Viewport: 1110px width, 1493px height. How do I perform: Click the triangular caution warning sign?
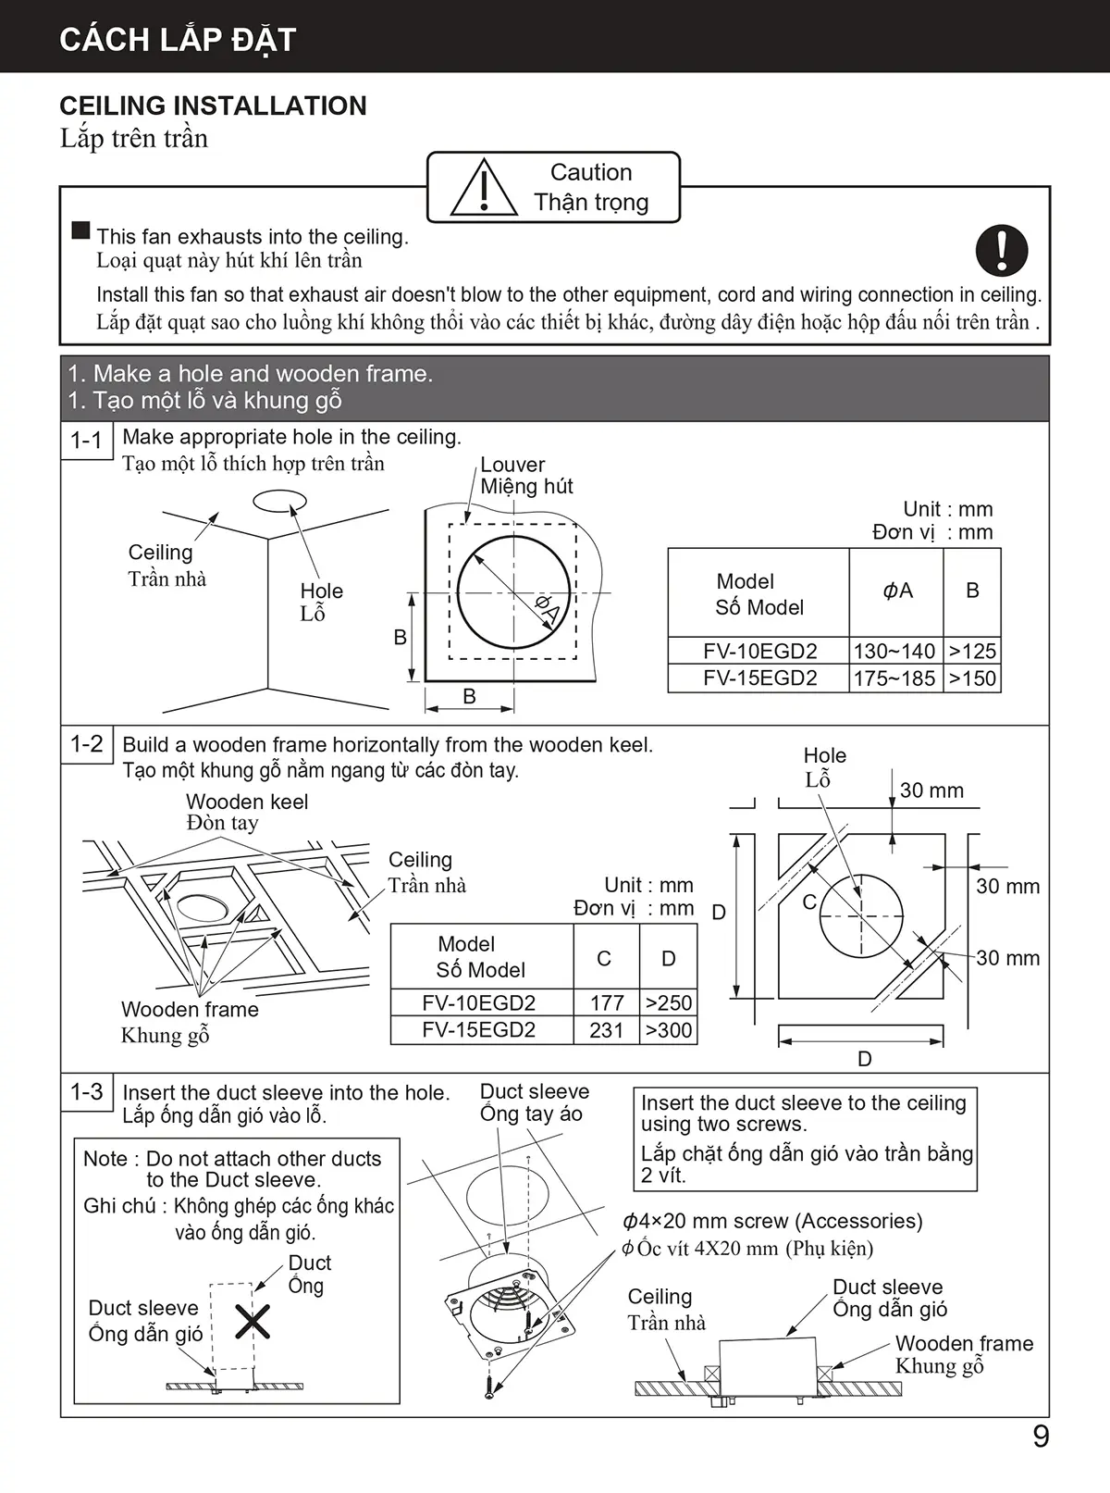coord(484,188)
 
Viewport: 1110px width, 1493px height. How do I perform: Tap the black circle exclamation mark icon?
coord(1002,250)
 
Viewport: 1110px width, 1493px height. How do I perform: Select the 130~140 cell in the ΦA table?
coord(894,651)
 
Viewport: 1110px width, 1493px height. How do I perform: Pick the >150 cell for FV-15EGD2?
coord(972,678)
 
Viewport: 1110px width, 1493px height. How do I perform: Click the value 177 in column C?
coord(607,1002)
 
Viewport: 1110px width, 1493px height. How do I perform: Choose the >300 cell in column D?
coord(669,1030)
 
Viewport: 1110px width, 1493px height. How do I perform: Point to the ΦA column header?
coord(897,591)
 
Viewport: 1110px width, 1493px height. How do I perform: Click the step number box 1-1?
coord(87,440)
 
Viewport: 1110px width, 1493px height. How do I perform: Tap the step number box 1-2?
coord(87,744)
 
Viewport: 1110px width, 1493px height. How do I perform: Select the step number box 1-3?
coord(87,1092)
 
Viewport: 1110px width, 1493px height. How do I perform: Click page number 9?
coord(1041,1437)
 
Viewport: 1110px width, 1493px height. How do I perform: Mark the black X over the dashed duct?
coord(252,1322)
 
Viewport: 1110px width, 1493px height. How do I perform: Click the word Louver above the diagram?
coord(512,465)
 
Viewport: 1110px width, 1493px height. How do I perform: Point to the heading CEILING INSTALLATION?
coord(213,106)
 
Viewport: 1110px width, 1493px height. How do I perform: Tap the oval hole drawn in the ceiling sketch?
coord(279,501)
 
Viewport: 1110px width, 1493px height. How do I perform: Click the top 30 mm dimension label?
coord(931,790)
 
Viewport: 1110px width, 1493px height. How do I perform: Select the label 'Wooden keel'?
coord(247,802)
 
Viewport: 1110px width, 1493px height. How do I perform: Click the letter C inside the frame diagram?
coord(809,902)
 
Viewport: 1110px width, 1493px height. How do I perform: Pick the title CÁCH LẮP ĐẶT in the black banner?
coord(178,40)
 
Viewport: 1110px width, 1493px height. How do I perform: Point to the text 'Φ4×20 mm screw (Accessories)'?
coord(772,1221)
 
